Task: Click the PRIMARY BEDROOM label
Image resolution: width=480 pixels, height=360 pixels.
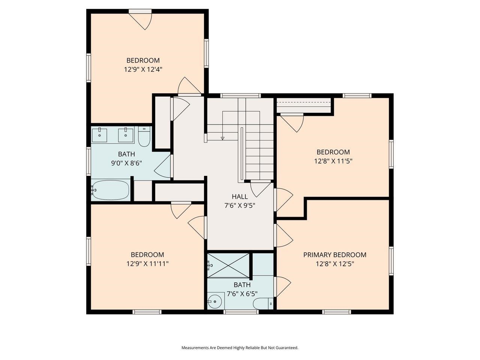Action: pyautogui.click(x=334, y=255)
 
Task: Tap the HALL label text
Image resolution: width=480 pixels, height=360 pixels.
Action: pyautogui.click(x=240, y=196)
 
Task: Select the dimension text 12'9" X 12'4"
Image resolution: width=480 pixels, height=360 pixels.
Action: pyautogui.click(x=143, y=69)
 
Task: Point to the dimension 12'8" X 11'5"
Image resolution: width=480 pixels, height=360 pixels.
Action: pyautogui.click(x=333, y=161)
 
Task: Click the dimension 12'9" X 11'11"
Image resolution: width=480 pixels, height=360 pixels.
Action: pyautogui.click(x=147, y=264)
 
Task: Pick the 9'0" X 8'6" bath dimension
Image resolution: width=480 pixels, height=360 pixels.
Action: pyautogui.click(x=126, y=163)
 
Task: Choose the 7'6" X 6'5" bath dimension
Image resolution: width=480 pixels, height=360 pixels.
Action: pyautogui.click(x=242, y=294)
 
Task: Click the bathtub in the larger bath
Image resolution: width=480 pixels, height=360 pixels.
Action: pyautogui.click(x=111, y=190)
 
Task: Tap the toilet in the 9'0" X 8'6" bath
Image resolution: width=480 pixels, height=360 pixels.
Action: pyautogui.click(x=144, y=138)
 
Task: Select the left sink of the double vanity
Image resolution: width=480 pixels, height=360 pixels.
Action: pyautogui.click(x=100, y=135)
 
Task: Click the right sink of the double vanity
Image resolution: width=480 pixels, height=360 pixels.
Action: pyautogui.click(x=126, y=135)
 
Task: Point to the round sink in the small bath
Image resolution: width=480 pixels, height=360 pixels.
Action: pyautogui.click(x=215, y=301)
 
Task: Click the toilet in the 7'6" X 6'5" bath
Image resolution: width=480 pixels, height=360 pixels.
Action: pyautogui.click(x=263, y=303)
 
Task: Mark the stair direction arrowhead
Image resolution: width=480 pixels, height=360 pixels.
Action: pyautogui.click(x=222, y=138)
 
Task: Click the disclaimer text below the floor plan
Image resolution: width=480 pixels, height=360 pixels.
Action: pyautogui.click(x=240, y=348)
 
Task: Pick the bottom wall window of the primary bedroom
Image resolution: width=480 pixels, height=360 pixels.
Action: pyautogui.click(x=336, y=312)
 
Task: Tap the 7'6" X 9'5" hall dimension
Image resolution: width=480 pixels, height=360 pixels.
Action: pyautogui.click(x=240, y=205)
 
